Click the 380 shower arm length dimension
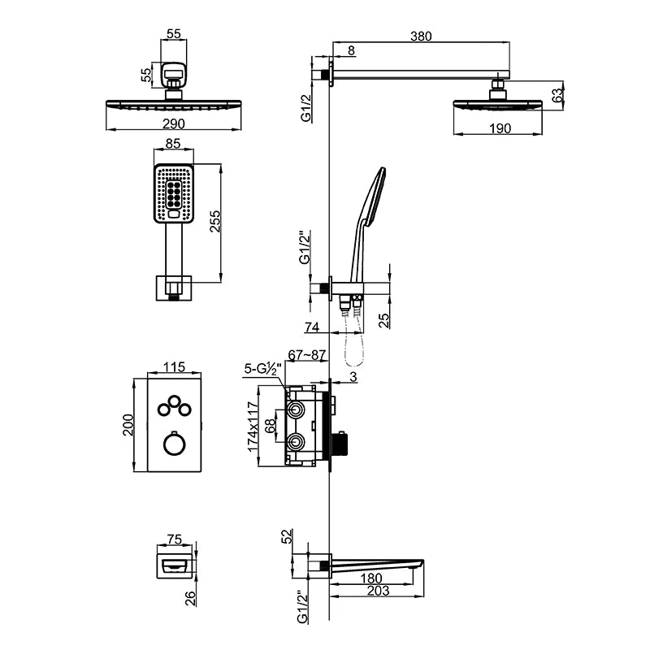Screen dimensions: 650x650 click(421, 37)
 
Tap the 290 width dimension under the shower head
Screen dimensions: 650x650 click(174, 123)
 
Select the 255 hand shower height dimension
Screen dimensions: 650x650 click(215, 221)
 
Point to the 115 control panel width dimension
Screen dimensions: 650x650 click(174, 367)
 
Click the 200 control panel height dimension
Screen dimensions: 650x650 click(128, 424)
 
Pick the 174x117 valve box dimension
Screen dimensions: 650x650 click(253, 427)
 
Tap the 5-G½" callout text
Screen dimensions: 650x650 click(262, 369)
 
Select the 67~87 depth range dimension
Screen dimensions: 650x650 click(307, 355)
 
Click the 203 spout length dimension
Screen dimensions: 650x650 click(378, 590)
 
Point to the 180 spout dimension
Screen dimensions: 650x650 click(371, 578)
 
